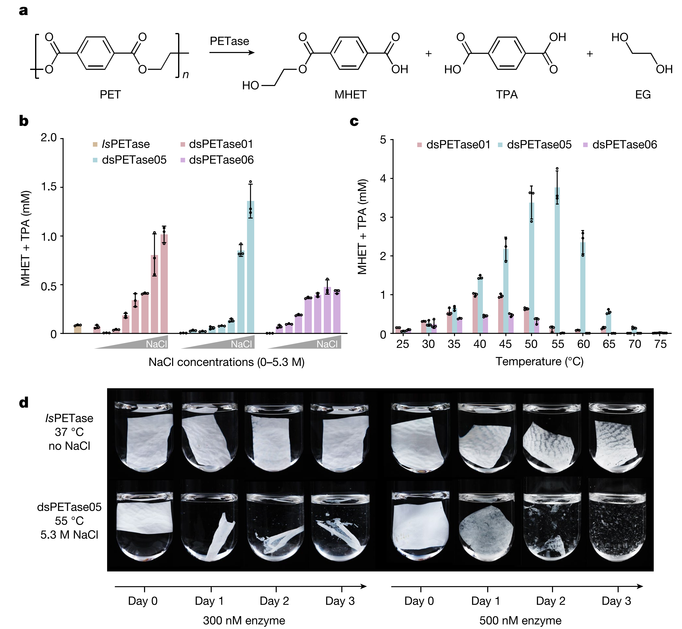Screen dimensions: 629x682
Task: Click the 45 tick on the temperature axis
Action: coord(505,344)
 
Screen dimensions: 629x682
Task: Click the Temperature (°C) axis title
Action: coord(539,361)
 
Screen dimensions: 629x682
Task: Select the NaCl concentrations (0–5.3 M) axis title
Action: coord(226,362)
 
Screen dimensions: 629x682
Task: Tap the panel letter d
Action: coord(24,403)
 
